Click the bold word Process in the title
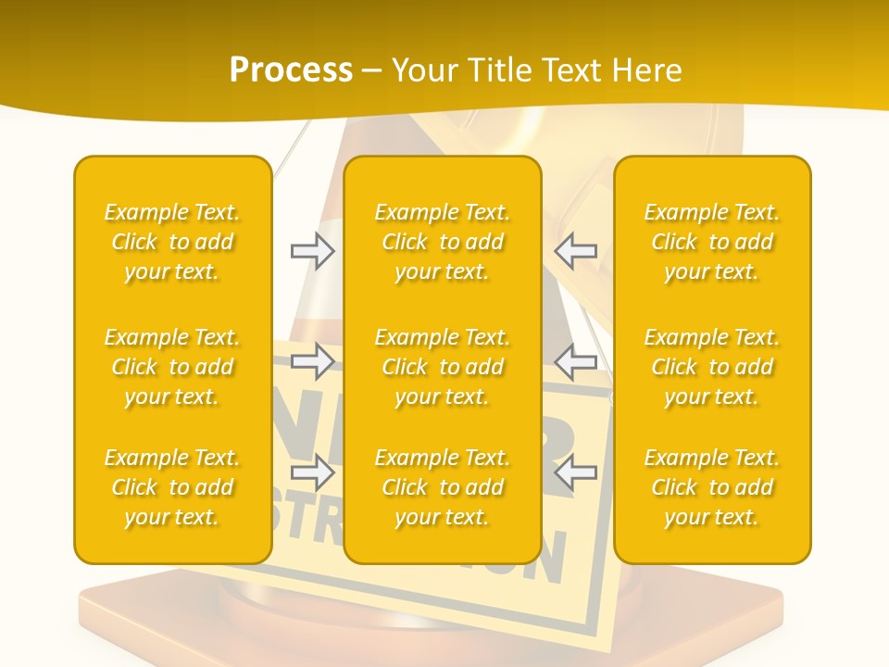point(291,70)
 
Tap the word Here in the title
point(647,70)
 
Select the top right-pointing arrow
point(312,251)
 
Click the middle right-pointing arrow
point(312,361)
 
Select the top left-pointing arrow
point(576,251)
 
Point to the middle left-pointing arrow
point(576,361)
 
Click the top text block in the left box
point(172,242)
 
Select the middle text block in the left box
point(172,367)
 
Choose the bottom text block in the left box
point(172,487)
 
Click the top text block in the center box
point(443,242)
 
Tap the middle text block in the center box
point(443,367)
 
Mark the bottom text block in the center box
point(443,487)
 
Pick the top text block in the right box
point(712,242)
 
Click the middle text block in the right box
point(712,367)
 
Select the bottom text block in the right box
point(712,487)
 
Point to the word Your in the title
point(424,70)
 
